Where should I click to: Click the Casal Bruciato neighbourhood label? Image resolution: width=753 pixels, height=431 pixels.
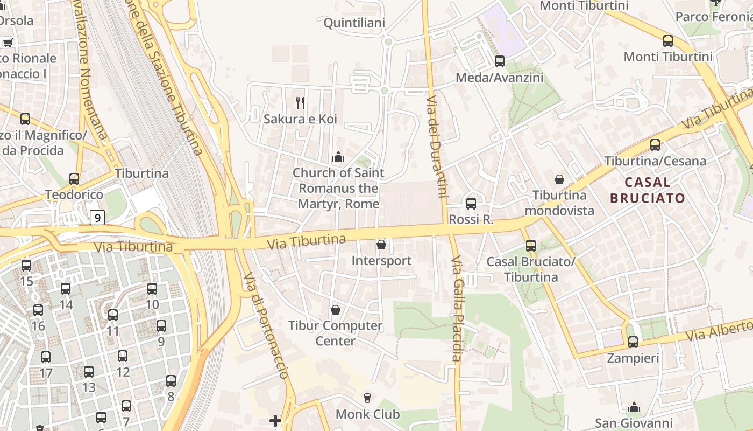[648, 190]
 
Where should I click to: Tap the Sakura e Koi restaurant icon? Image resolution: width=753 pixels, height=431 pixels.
[300, 102]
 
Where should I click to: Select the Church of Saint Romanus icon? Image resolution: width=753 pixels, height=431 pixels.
[338, 157]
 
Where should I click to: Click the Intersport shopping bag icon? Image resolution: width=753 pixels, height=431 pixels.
[381, 245]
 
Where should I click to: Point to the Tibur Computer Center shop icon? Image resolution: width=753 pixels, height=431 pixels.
[336, 310]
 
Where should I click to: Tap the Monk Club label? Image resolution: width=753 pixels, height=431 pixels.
[367, 414]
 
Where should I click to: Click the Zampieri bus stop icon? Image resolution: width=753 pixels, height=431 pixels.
[633, 342]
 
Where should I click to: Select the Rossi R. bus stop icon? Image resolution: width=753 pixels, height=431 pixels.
[471, 203]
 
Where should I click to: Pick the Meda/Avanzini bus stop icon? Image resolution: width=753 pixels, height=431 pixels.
[500, 61]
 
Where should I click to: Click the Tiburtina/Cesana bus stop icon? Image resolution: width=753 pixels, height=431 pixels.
[655, 144]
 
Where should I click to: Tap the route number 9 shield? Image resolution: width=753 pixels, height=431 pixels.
[97, 218]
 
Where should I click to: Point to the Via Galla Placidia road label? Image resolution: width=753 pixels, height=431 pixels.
[457, 308]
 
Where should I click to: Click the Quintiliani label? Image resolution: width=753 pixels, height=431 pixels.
[354, 23]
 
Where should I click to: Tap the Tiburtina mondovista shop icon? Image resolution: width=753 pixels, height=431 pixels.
[559, 179]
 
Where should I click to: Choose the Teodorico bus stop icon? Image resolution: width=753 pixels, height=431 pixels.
[74, 178]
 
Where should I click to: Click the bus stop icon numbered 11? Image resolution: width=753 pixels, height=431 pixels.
[113, 315]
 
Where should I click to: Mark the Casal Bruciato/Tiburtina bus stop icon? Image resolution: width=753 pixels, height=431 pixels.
[531, 246]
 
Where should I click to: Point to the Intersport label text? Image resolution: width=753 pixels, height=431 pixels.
[381, 261]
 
